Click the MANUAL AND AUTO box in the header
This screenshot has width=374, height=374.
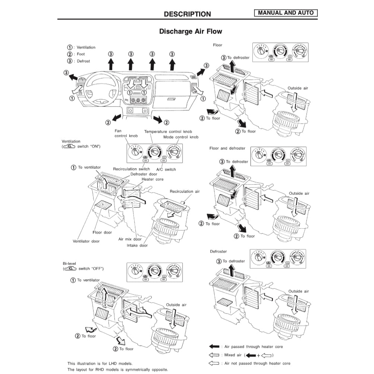tap(286, 13)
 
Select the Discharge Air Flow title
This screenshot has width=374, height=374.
tap(191, 31)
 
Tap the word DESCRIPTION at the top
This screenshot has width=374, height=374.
tap(187, 14)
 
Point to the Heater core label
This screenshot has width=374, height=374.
tap(153, 179)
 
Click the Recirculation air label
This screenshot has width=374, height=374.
tap(185, 191)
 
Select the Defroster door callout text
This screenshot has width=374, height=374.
tap(144, 174)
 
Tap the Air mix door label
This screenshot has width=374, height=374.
tap(130, 239)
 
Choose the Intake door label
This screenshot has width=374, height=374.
tap(137, 245)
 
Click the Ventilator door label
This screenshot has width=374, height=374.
tap(86, 241)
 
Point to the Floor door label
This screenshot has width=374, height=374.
tap(102, 232)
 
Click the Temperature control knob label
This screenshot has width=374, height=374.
tap(168, 132)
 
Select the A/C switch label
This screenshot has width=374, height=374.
tap(166, 169)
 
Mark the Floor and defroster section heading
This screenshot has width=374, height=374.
tap(227, 148)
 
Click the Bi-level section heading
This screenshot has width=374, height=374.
tap(69, 264)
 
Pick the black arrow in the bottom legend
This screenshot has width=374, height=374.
tap(214, 347)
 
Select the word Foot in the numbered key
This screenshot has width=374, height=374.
tap(81, 54)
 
